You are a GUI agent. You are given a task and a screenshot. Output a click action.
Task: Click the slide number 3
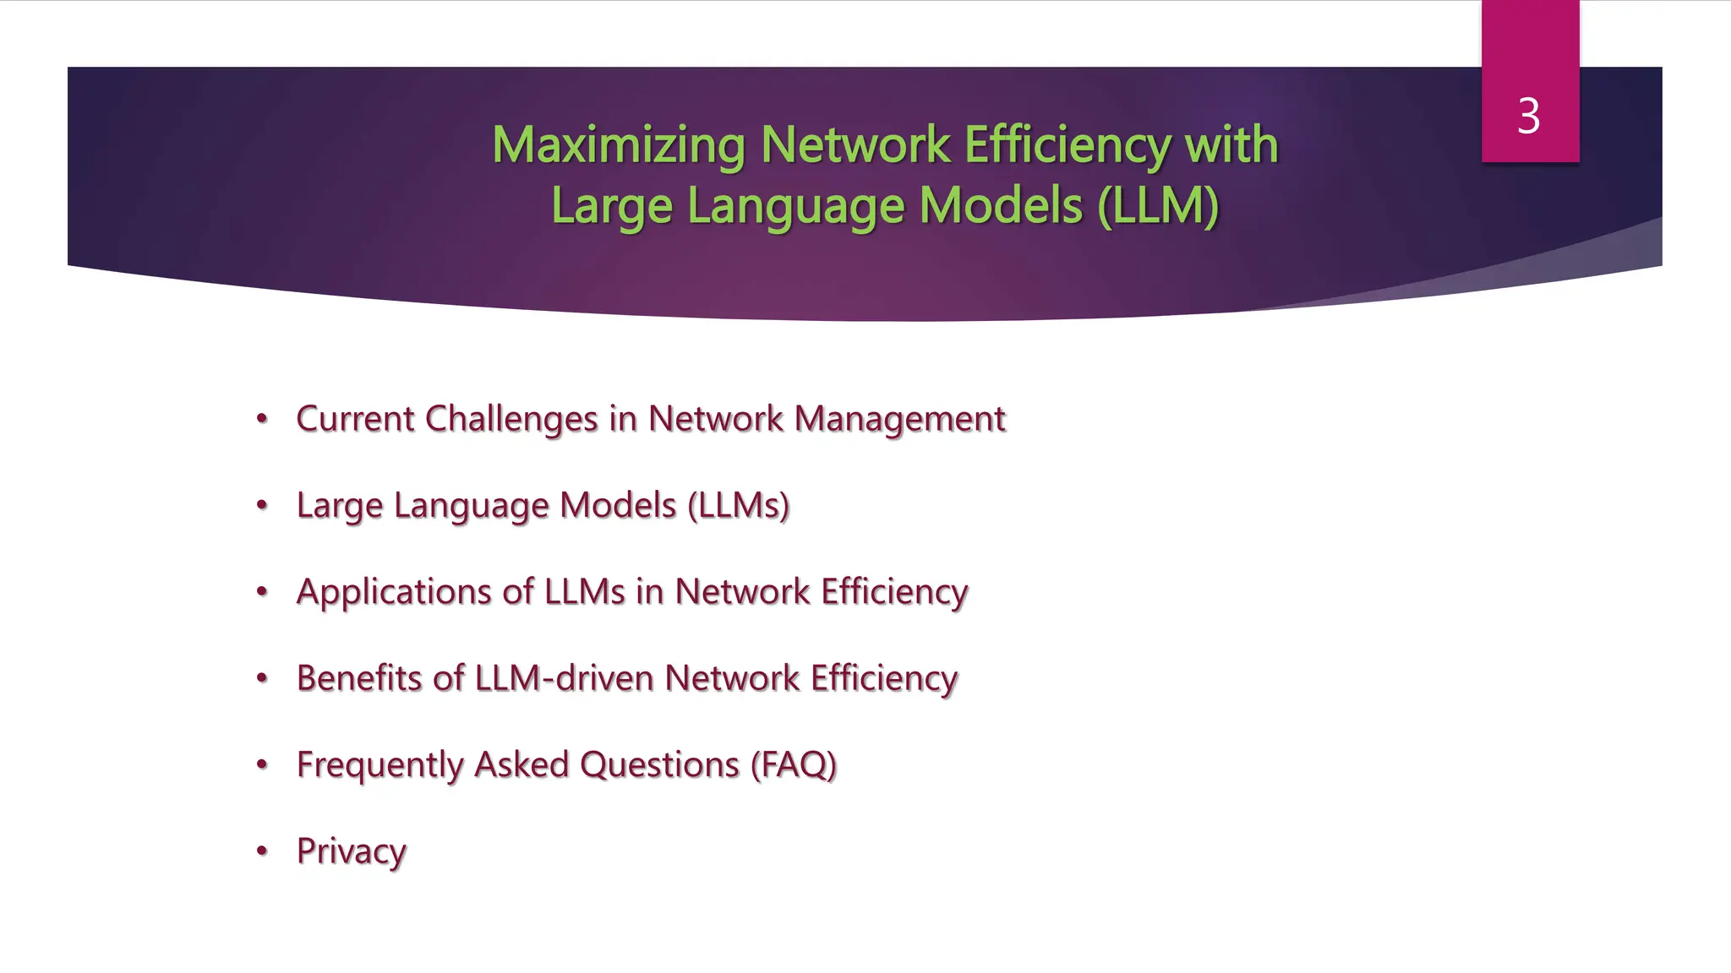point(1528,116)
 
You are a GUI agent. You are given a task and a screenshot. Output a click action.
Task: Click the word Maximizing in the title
point(618,144)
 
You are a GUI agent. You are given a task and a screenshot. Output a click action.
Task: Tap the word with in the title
point(1231,144)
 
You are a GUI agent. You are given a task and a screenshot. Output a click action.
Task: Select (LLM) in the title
point(1158,205)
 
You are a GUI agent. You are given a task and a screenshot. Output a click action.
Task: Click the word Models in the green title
point(1001,205)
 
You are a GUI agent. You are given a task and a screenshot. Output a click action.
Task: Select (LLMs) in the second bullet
point(738,505)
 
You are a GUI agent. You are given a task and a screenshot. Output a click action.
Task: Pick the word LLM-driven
point(564,678)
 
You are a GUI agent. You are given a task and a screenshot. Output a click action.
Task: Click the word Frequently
point(380,765)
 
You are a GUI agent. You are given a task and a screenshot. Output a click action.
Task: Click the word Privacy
point(351,851)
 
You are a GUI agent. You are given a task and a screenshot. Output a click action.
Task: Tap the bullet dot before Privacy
point(262,851)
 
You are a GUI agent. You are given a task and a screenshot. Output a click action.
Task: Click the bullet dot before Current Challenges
point(262,418)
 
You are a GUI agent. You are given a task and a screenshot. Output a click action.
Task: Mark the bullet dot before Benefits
point(262,677)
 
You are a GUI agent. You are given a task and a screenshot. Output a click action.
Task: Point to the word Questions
point(659,765)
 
